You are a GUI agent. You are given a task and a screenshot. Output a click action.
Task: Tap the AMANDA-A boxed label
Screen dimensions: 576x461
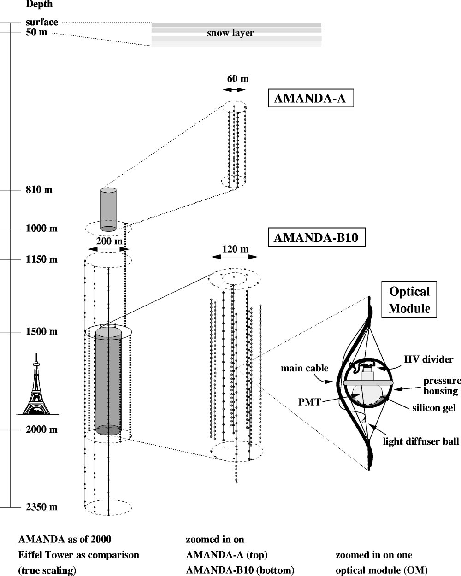coord(310,98)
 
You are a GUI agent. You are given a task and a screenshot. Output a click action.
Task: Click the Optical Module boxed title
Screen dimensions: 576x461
coord(409,300)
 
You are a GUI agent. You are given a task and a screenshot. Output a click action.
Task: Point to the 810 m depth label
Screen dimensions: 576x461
coord(39,189)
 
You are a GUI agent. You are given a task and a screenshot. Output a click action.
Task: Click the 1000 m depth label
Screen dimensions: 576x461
coord(41,229)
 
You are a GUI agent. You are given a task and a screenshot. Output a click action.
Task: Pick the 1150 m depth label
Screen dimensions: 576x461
coord(41,259)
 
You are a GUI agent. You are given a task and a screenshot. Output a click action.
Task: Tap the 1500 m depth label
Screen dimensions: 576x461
coord(41,331)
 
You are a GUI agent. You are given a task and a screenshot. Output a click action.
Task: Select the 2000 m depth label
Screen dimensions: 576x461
coord(41,429)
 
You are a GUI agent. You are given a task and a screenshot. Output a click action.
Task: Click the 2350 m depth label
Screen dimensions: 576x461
coord(41,507)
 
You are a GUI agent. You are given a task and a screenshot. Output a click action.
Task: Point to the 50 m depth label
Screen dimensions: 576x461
coord(36,33)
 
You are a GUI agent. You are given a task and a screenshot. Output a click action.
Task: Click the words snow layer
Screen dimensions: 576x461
coord(230,33)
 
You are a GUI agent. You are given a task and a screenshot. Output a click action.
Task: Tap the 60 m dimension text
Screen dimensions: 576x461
coord(237,79)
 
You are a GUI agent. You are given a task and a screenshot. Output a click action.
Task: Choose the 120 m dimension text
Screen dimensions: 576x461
coord(235,249)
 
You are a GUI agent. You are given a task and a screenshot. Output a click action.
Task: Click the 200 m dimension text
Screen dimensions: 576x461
coord(109,241)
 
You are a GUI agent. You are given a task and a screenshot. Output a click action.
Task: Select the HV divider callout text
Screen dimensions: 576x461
coord(429,359)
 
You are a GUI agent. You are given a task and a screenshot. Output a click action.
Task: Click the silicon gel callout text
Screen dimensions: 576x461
coord(434,408)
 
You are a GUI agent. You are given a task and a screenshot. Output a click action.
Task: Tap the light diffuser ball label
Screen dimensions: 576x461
coord(421,442)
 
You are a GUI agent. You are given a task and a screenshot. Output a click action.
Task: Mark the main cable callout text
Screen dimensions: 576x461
coord(305,368)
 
